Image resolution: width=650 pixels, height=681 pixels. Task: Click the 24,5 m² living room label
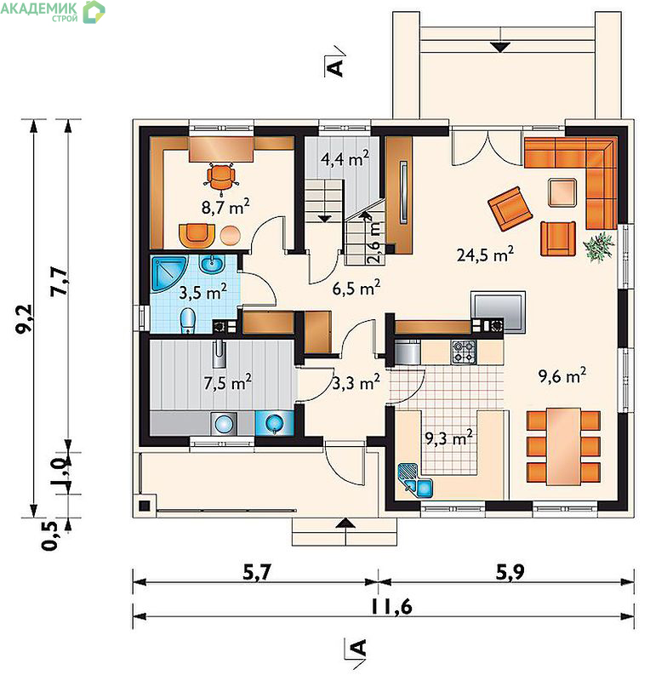[485, 254]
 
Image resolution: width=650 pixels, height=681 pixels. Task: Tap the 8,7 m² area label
[225, 207]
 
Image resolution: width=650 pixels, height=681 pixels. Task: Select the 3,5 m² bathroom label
[202, 292]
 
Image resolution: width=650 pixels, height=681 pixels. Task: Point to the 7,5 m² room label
[227, 382]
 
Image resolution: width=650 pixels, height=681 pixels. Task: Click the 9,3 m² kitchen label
[448, 438]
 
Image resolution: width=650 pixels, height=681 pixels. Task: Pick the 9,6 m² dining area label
[562, 375]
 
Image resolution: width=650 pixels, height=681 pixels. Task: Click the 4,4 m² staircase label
[345, 158]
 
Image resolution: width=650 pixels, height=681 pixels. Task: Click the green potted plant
[599, 247]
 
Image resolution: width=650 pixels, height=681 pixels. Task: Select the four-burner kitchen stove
[465, 352]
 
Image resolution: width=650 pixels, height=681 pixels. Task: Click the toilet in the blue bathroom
[187, 321]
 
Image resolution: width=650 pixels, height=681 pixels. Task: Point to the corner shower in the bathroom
[168, 273]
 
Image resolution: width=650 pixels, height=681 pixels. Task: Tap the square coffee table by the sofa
[562, 192]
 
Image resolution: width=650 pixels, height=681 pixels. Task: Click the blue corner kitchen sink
[415, 481]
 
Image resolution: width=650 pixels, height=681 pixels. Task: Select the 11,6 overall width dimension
[391, 606]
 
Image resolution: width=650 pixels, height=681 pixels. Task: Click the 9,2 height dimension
[25, 318]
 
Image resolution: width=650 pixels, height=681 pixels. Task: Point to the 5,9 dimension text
[510, 572]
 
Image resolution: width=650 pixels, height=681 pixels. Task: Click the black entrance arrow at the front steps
[345, 523]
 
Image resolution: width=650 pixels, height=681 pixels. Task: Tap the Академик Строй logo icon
[94, 12]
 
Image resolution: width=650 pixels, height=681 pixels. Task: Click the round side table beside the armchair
[230, 236]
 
